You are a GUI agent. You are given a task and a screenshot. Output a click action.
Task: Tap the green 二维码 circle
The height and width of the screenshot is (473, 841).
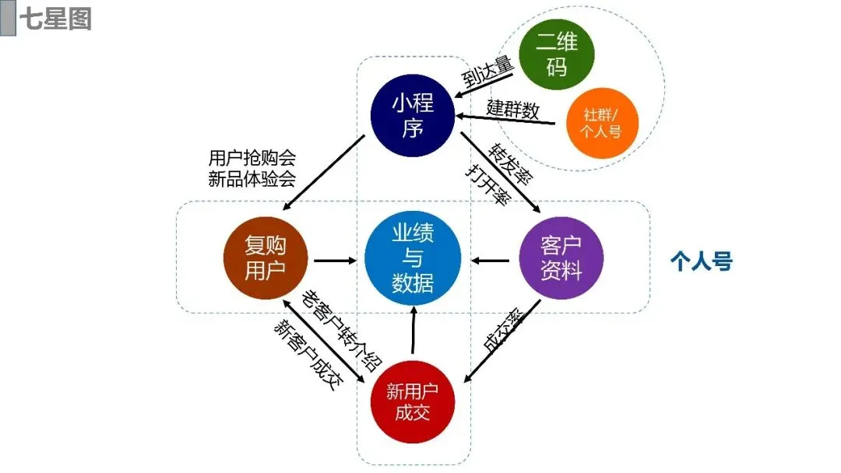tap(556, 54)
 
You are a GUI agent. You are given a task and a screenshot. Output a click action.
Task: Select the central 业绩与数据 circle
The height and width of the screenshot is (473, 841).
tap(413, 258)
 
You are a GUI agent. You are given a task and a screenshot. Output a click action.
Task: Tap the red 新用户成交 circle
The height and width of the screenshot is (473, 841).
tap(413, 401)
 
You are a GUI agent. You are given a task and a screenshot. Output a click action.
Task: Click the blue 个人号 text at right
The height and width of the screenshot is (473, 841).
tap(701, 261)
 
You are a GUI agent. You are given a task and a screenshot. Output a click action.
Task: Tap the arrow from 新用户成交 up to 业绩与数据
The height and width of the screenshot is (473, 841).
tap(413, 328)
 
